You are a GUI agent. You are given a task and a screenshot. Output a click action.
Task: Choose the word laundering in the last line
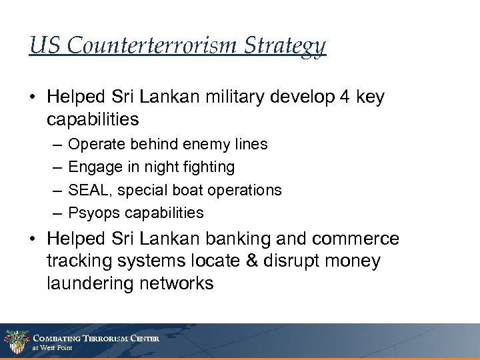(x=91, y=283)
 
